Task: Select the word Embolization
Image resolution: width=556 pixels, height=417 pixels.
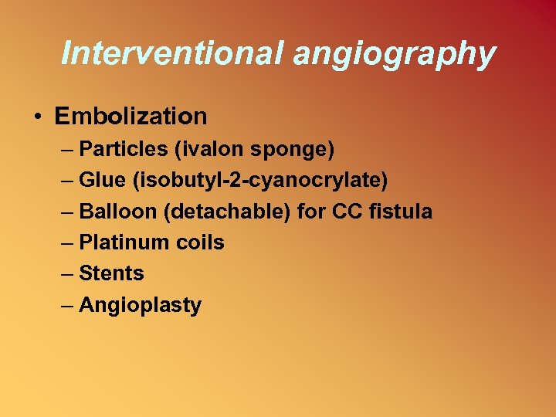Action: click(x=131, y=117)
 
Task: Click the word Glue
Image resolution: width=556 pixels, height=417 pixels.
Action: click(x=101, y=180)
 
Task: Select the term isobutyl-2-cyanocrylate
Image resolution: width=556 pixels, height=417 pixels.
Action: click(x=259, y=181)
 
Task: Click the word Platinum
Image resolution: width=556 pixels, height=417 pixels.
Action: click(x=117, y=242)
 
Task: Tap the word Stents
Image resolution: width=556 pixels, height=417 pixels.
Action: click(x=111, y=273)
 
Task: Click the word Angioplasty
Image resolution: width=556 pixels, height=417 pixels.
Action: click(x=141, y=306)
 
